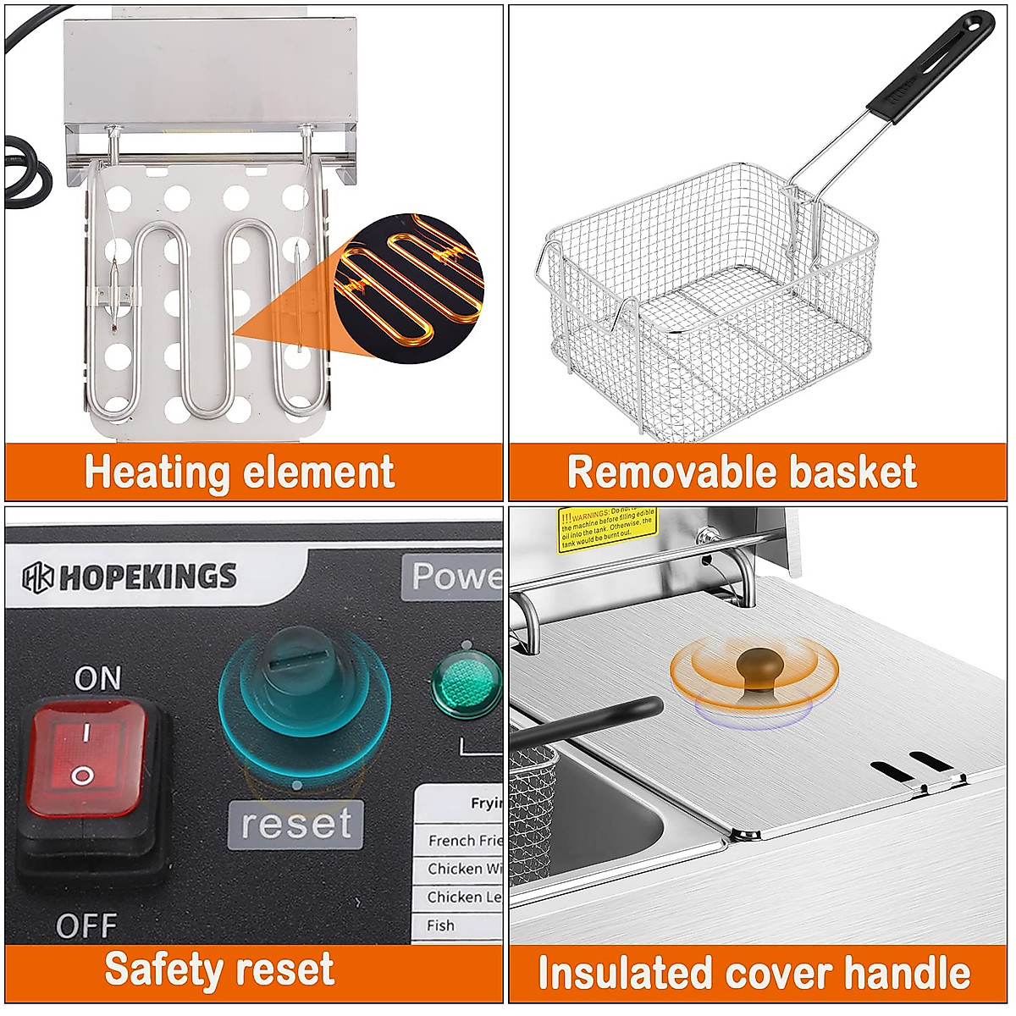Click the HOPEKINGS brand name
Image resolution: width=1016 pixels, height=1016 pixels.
pos(146,577)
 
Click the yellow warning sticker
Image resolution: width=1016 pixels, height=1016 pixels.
pos(607,530)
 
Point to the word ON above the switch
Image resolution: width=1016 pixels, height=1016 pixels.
pos(97,678)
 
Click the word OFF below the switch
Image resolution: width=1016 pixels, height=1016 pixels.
pos(86,925)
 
